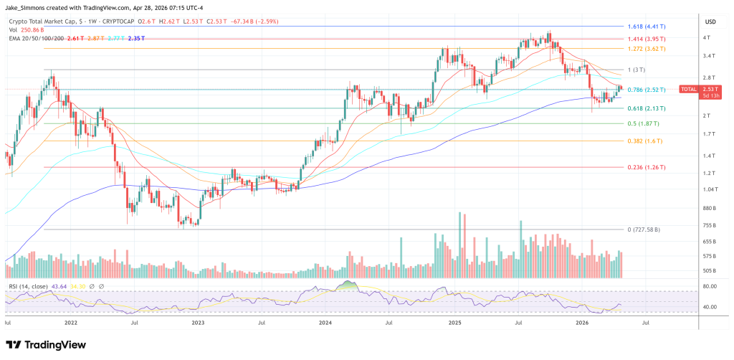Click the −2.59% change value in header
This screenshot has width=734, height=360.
coord(222,22)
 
